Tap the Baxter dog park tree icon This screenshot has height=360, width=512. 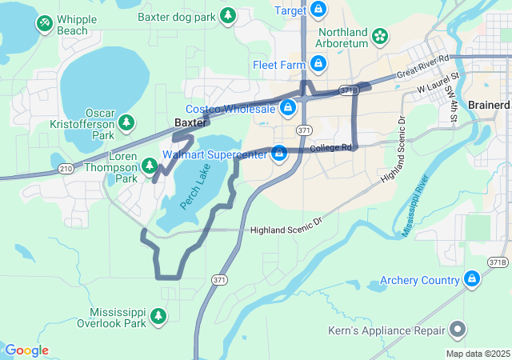[x=229, y=15]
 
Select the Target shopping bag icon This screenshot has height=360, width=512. [x=318, y=10]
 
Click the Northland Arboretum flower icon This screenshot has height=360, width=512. [x=379, y=36]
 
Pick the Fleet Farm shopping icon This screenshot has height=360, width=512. [x=318, y=63]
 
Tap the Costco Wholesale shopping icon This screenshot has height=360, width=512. [x=287, y=107]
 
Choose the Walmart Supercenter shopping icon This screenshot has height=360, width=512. [x=279, y=152]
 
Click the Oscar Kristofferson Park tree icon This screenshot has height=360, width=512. [x=126, y=122]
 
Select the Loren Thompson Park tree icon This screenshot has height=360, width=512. [x=149, y=166]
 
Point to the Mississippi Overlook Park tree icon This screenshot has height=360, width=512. [x=159, y=317]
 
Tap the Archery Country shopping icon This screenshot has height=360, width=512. [x=472, y=279]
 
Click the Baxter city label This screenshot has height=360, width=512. [x=191, y=123]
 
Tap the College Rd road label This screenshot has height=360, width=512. [x=330, y=148]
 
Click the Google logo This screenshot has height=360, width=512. [x=26, y=350]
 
